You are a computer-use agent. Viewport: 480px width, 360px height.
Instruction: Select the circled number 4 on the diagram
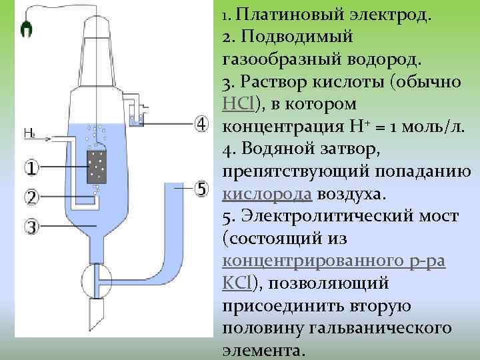click(202, 124)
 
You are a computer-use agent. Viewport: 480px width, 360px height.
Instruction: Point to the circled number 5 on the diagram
click(202, 189)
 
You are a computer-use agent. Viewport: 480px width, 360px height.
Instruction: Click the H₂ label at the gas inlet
click(29, 133)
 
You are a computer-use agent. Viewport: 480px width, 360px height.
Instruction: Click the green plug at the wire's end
click(27, 28)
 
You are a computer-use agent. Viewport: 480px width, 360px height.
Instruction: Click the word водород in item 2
click(383, 59)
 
